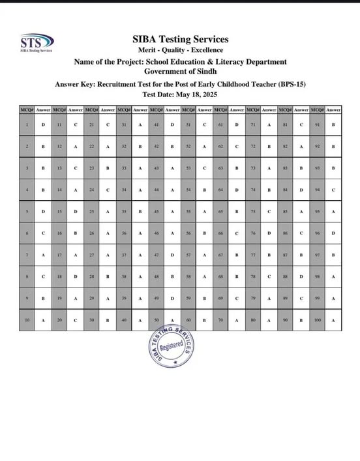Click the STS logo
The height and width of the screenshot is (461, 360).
[37, 42]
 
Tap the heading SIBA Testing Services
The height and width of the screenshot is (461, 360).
[180, 39]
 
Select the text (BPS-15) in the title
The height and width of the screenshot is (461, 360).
[289, 84]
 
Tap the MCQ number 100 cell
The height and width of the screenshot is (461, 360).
[317, 320]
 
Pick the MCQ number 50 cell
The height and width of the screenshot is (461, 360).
[156, 320]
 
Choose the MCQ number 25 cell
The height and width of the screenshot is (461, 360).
[92, 211]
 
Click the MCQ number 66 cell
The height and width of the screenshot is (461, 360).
[220, 233]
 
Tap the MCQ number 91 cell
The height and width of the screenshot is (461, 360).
[317, 124]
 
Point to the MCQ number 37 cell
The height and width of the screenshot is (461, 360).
[124, 255]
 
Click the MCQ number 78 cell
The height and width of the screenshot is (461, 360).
[252, 276]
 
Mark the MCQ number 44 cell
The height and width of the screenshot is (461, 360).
[156, 190]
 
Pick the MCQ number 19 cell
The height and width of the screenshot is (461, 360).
[59, 298]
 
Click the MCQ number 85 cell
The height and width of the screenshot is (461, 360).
[285, 211]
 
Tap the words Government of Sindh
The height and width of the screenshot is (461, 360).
[180, 71]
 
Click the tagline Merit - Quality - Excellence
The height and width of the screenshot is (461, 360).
[180, 50]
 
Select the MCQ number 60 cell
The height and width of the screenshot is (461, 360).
[188, 320]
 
